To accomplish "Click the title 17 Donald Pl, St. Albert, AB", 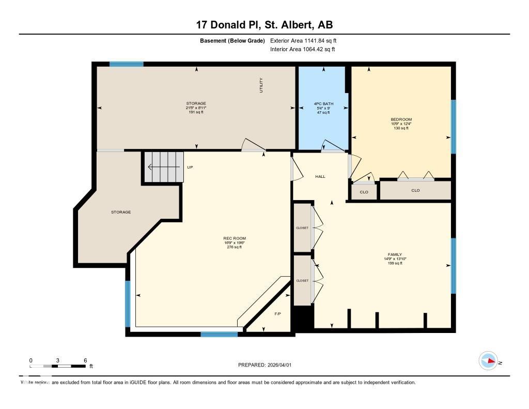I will (x=264, y=25).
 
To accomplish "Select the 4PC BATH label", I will (x=323, y=104).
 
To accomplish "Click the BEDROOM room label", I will (x=401, y=119).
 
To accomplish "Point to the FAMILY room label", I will (x=395, y=254).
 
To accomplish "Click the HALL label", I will (x=320, y=177).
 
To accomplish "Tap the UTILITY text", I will (x=261, y=85).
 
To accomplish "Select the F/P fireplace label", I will (x=278, y=314).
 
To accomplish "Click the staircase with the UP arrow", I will (x=163, y=167).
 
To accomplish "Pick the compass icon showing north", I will (x=488, y=361).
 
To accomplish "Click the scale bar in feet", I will (x=58, y=366).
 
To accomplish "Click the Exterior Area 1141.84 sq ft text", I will (x=303, y=40).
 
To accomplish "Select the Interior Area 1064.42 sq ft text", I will (x=303, y=50).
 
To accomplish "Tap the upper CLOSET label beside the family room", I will (x=302, y=228).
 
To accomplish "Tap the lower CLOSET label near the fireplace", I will (x=302, y=281).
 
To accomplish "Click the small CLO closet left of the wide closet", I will (x=364, y=192).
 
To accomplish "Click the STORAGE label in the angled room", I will (x=121, y=212).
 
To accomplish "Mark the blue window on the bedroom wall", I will (x=453, y=127).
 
